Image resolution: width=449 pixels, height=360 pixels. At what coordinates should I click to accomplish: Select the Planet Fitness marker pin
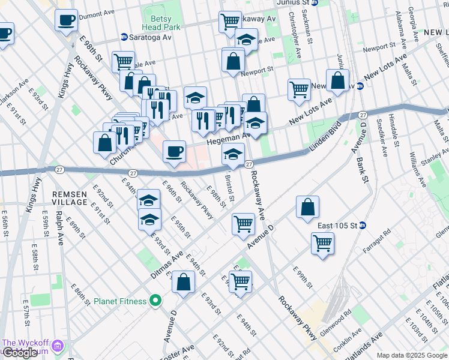155,301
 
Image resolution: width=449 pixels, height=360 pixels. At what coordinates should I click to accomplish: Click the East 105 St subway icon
370,226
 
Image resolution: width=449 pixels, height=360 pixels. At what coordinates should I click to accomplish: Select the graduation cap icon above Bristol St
233,154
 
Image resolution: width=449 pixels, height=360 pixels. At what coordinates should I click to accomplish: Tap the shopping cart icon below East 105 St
322,243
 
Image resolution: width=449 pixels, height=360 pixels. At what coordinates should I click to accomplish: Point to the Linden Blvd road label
324,136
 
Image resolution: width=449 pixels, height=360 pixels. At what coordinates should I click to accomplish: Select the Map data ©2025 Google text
411,355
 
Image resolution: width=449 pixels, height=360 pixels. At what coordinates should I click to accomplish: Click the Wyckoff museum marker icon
58,346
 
